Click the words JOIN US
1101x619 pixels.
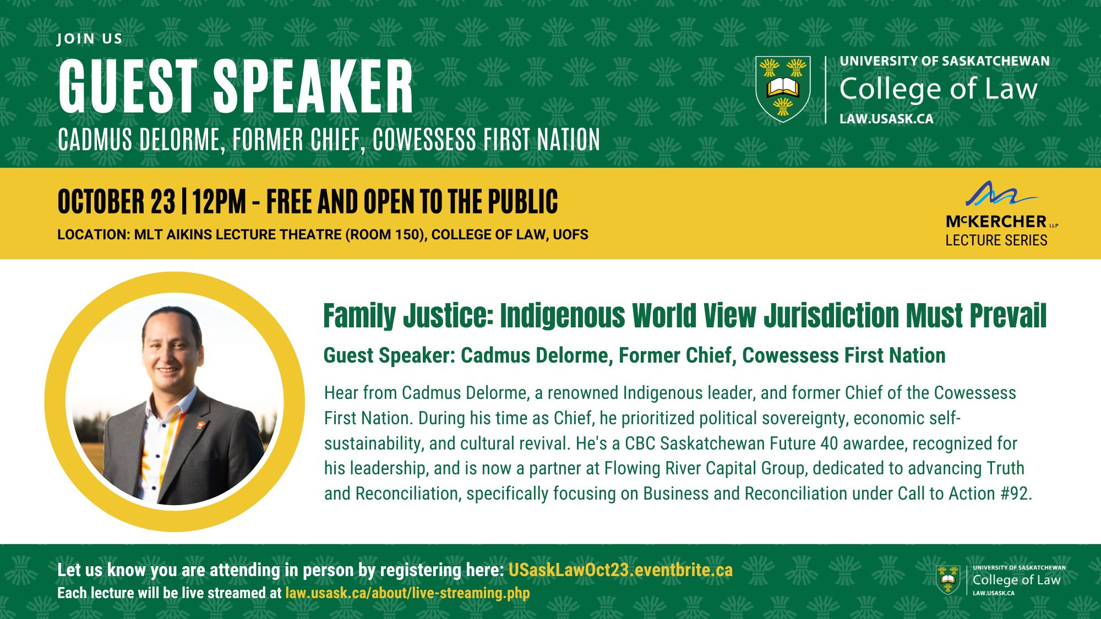(90, 39)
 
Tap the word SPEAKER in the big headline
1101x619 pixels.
(313, 86)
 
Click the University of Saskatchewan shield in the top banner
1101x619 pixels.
(783, 89)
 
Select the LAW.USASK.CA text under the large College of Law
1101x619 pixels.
(886, 119)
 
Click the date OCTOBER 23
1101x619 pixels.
(117, 201)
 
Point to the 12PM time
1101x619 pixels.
(219, 201)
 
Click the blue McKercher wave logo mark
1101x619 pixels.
(1001, 194)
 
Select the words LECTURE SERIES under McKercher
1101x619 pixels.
(996, 240)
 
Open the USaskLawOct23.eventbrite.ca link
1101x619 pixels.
(620, 570)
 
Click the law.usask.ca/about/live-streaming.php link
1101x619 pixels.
(407, 593)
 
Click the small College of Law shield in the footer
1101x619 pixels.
(948, 580)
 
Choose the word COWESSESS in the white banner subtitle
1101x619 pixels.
(424, 140)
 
